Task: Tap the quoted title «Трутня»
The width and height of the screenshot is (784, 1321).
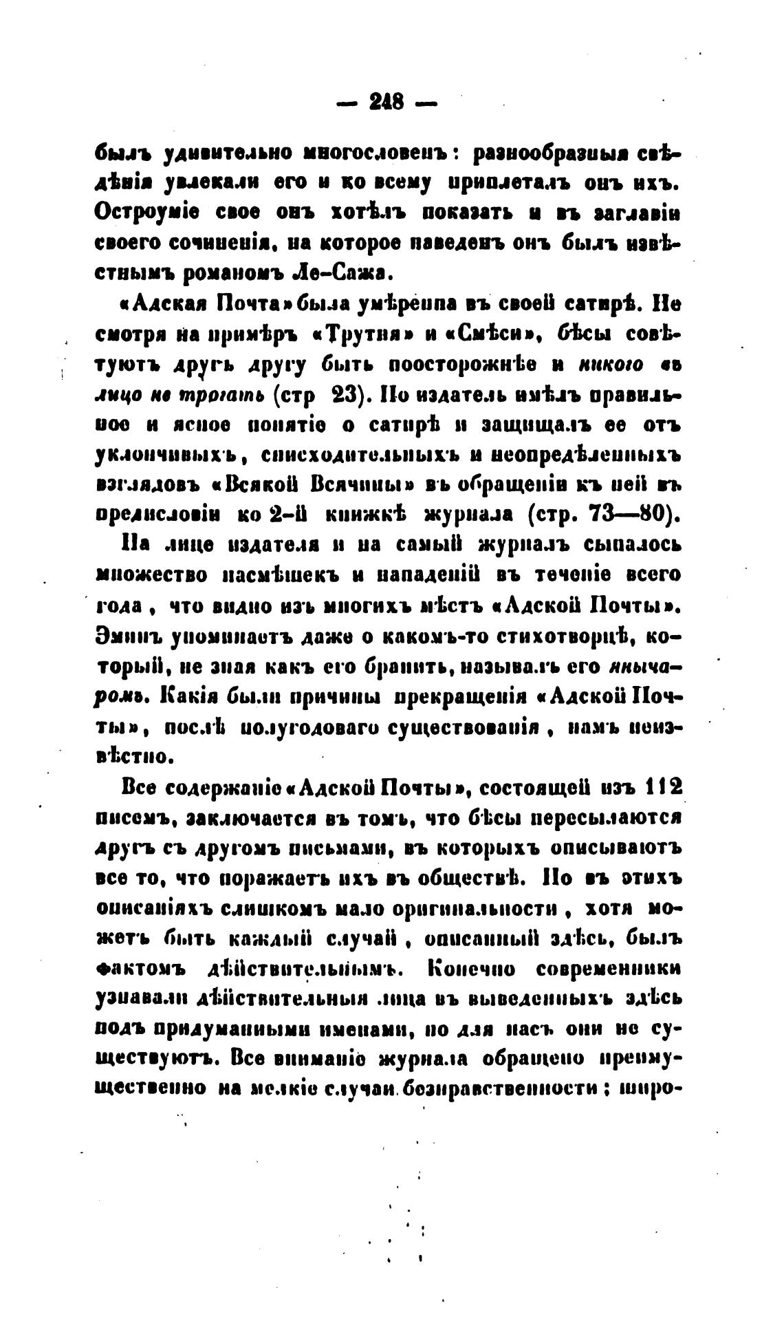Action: [x=360, y=334]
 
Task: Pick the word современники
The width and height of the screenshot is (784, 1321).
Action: [x=608, y=969]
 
